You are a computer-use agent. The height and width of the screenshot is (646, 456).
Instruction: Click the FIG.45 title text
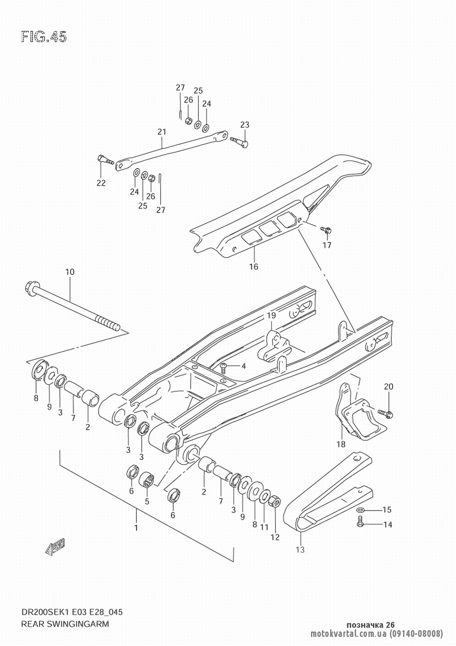(44, 37)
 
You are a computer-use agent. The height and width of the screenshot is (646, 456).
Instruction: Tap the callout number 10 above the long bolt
(70, 272)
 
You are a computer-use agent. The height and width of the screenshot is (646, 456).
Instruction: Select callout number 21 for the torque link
(162, 132)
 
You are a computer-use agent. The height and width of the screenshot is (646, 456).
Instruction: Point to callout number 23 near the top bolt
(244, 124)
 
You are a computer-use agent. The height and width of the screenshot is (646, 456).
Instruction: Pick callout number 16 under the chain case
(254, 267)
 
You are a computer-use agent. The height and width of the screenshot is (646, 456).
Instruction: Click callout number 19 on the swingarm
(271, 315)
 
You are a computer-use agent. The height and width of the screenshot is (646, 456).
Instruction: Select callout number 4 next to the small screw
(244, 366)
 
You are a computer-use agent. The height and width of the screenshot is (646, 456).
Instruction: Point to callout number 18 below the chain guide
(341, 452)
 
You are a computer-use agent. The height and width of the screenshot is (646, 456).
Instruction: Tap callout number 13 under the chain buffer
(300, 550)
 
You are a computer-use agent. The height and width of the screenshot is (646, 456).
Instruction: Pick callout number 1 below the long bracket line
(136, 528)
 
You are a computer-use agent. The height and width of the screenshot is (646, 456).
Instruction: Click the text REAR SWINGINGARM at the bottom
(65, 624)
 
